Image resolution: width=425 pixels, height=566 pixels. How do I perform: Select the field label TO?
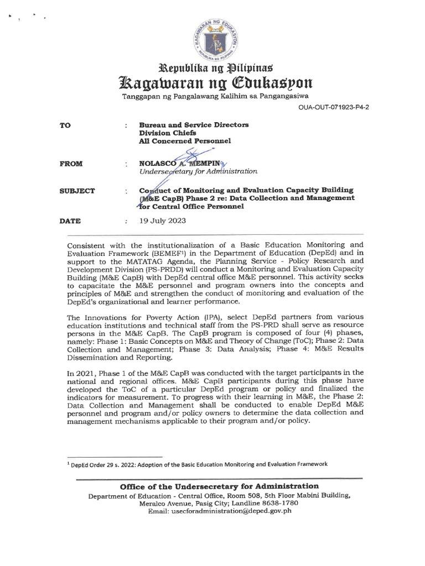65,125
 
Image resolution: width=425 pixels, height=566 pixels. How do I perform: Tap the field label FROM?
71,164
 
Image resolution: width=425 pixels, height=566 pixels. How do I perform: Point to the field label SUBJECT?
77,191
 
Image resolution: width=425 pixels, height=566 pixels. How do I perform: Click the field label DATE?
70,221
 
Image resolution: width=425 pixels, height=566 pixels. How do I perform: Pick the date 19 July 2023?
159,221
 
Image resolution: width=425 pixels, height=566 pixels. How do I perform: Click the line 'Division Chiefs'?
167,133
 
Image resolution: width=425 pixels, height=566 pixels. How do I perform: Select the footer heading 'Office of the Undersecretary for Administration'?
220,486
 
